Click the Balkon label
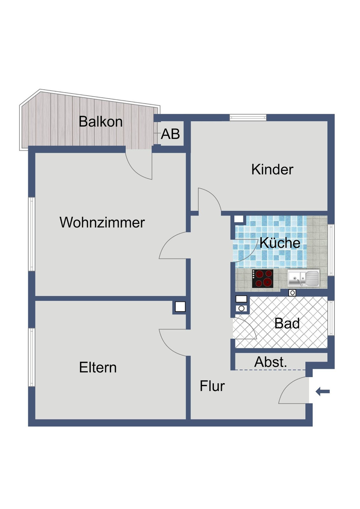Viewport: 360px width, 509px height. click(x=100, y=122)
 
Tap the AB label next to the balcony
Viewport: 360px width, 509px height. click(x=170, y=134)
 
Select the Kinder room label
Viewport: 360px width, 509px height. click(x=272, y=169)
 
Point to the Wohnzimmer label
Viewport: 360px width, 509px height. click(x=102, y=222)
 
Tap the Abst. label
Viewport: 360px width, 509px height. click(x=270, y=362)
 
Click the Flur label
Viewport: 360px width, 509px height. click(x=212, y=386)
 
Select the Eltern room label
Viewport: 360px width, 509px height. click(x=98, y=367)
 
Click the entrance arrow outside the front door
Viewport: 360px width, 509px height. click(x=323, y=391)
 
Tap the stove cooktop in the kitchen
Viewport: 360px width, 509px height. click(x=262, y=278)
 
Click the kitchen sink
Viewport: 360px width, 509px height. click(x=303, y=278)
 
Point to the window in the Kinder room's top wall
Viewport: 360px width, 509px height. click(x=248, y=118)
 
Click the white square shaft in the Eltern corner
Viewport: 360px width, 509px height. click(x=180, y=307)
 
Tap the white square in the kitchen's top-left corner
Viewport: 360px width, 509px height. click(x=239, y=219)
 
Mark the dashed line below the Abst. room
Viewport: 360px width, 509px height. click(x=270, y=370)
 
